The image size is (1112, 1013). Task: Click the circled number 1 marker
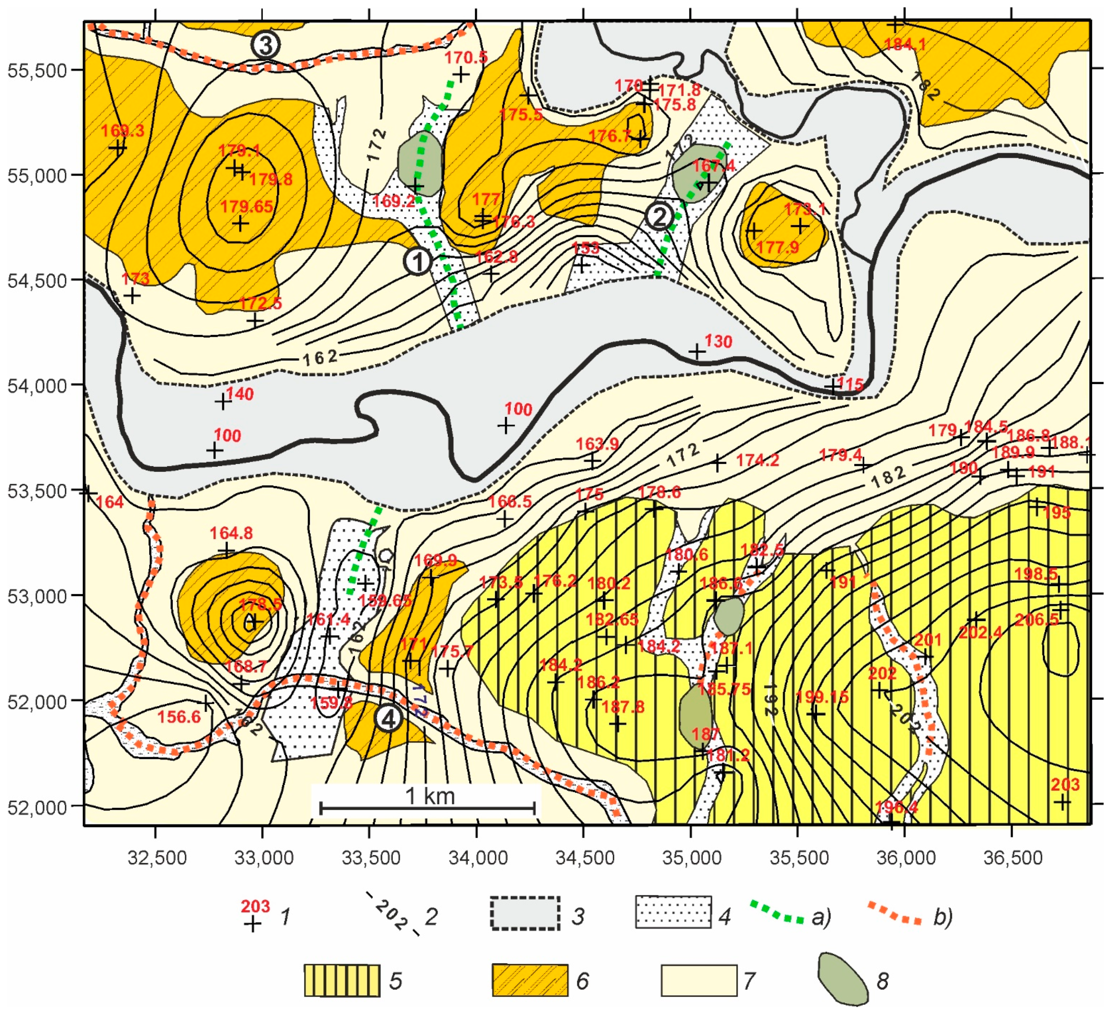coord(418,261)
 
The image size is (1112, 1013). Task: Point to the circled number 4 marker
coord(389,719)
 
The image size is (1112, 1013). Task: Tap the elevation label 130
coord(718,342)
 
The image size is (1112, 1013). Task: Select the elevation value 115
coord(849,384)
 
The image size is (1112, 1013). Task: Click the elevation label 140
coord(239,394)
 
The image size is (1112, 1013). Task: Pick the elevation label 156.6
coord(179,717)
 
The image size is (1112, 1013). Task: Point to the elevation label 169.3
coord(122,131)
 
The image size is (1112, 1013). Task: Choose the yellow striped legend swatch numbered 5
coord(342,980)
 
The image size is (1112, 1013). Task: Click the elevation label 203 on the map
coord(1064,784)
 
